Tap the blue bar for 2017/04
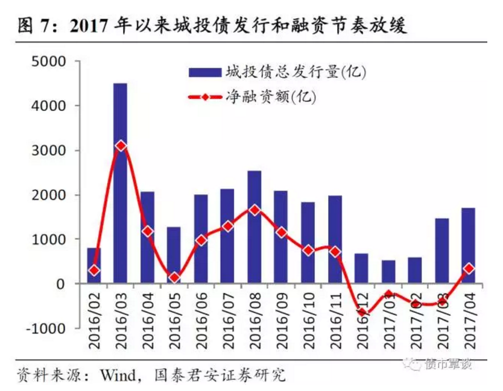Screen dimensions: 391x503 [x=469, y=246]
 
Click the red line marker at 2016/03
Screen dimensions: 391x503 [x=121, y=146]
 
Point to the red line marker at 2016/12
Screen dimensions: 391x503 [x=362, y=311]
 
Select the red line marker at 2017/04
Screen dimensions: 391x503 [x=469, y=269]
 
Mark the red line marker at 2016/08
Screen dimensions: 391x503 [x=255, y=210]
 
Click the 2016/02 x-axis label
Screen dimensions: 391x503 [x=94, y=322]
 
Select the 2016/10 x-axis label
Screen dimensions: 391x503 [x=308, y=322]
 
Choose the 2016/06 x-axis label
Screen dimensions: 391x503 [x=201, y=322]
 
